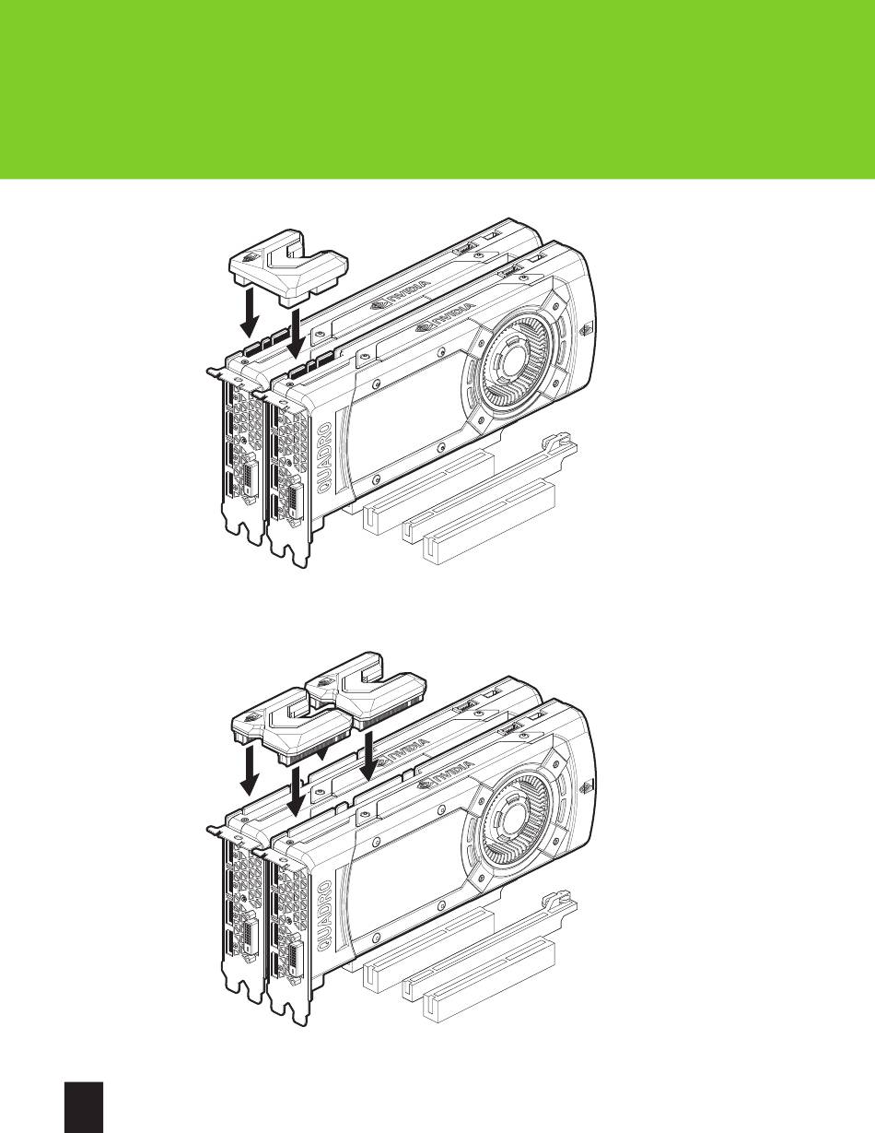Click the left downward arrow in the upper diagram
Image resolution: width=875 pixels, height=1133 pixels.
(250, 313)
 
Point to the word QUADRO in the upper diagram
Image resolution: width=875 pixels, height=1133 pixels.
(325, 458)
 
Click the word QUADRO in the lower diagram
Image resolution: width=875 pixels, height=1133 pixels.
(325, 916)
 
